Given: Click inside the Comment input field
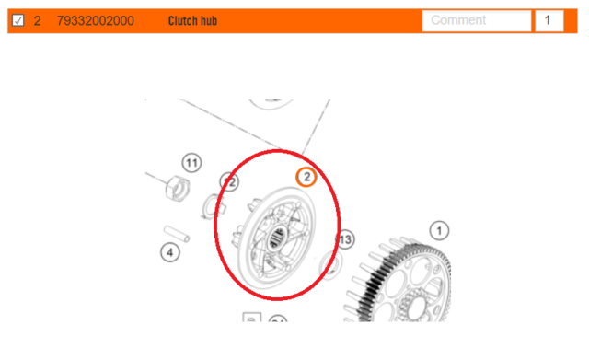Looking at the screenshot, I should coord(476,20).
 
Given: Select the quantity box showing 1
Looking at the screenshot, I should coord(549,20).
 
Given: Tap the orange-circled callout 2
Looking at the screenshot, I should coord(306,177).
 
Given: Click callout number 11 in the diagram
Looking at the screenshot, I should coord(191,163).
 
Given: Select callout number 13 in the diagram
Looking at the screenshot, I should coord(345,240).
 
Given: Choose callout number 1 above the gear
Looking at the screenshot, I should coord(440,229).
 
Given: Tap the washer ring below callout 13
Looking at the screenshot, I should coord(329,268).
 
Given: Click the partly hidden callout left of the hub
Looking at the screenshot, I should coord(229,182).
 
